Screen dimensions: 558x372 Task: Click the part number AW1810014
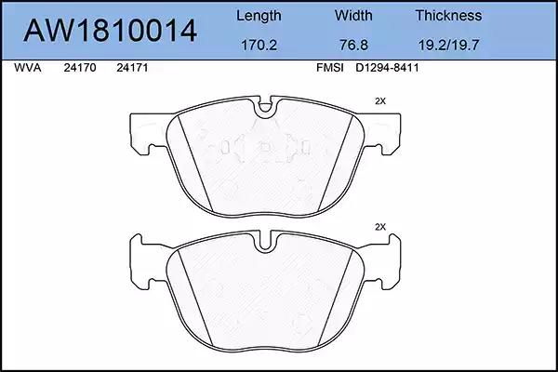[x=110, y=31]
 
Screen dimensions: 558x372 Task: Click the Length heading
[x=259, y=16]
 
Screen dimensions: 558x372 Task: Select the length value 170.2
[x=259, y=46]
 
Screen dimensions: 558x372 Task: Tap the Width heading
[x=353, y=15]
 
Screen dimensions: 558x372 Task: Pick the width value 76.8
[x=353, y=46]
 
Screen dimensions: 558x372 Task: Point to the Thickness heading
[x=448, y=15]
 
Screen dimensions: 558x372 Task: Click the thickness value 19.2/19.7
[x=448, y=46]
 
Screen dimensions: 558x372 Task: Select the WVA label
[x=28, y=68]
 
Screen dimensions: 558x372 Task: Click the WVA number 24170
[x=80, y=68]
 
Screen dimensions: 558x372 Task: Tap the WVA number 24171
[x=132, y=68]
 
